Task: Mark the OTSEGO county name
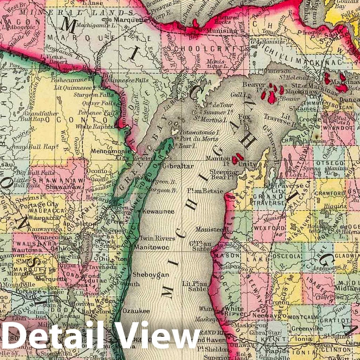pos(332,163)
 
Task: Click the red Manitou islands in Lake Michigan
pos(237,158)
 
